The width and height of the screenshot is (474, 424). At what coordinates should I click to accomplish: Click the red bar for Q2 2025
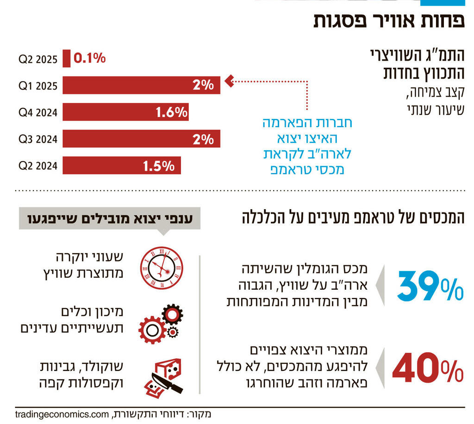pyautogui.click(x=67, y=59)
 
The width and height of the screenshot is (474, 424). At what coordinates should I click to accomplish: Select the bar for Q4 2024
pyautogui.click(x=125, y=112)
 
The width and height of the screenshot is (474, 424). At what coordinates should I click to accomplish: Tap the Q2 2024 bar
pyautogui.click(x=121, y=166)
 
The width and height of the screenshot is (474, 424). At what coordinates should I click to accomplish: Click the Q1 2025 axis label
pyautogui.click(x=38, y=86)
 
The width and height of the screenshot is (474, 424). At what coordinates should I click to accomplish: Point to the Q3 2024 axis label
pyautogui.click(x=38, y=139)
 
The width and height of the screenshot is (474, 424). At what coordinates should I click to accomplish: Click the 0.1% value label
pyautogui.click(x=90, y=58)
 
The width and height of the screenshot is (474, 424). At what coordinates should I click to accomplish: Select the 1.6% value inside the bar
pyautogui.click(x=171, y=112)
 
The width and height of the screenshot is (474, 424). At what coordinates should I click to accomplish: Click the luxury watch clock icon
pyautogui.click(x=161, y=268)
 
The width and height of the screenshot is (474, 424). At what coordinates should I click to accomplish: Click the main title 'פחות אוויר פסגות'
pyautogui.click(x=389, y=21)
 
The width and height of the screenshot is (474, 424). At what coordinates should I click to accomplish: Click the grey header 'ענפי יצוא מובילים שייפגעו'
pyautogui.click(x=110, y=218)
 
